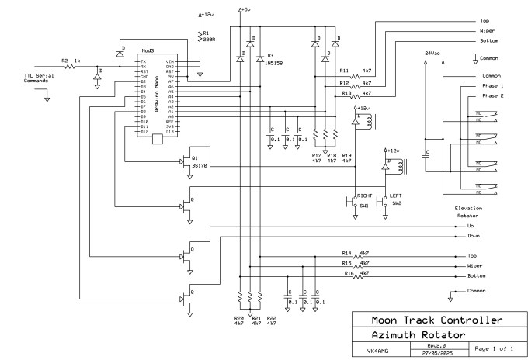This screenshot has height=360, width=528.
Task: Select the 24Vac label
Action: (432, 52)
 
